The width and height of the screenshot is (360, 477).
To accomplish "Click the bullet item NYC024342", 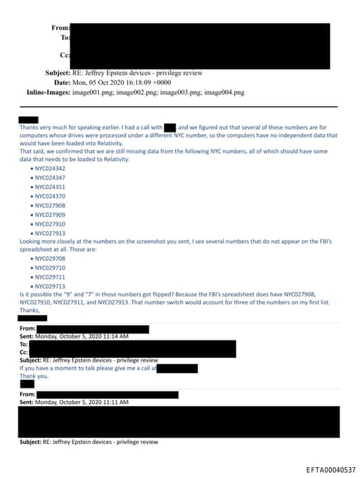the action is (49, 169).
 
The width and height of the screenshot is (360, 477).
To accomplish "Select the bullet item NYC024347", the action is (49, 178).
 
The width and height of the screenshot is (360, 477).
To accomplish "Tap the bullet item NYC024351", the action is (49, 187).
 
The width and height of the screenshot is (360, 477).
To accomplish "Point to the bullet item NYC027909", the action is (49, 215).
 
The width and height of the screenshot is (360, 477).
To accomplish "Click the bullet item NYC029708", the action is (49, 259).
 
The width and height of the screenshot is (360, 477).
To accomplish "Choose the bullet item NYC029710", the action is (49, 268).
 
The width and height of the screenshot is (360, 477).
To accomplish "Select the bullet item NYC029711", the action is (49, 277).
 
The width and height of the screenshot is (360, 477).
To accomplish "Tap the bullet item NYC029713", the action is (49, 286).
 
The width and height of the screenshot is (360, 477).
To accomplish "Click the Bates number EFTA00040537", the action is (331, 469).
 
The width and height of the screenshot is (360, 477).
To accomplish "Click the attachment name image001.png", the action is (94, 93).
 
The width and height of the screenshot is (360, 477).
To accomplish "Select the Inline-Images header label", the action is (48, 93).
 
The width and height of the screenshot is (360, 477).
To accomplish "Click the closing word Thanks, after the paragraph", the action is (29, 310).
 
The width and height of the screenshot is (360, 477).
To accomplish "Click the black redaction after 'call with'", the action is (169, 127).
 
